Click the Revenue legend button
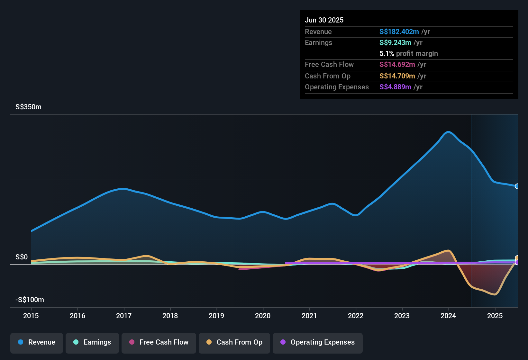(37, 342)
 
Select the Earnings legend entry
(92, 342)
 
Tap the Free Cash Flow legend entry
(159, 342)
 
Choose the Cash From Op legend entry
(234, 342)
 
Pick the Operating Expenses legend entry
(318, 342)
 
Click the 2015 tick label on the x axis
(31, 316)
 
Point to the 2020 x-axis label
(263, 316)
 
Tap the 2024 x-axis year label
(448, 316)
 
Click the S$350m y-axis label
(28, 107)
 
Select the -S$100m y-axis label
(30, 300)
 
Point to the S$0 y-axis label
(22, 257)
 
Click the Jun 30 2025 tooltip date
(324, 20)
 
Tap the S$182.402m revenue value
(399, 32)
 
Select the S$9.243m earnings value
(395, 43)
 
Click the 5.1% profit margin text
(408, 54)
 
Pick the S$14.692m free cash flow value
(397, 65)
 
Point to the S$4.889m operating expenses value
(395, 87)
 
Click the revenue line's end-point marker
(517, 186)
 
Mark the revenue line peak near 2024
(448, 132)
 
